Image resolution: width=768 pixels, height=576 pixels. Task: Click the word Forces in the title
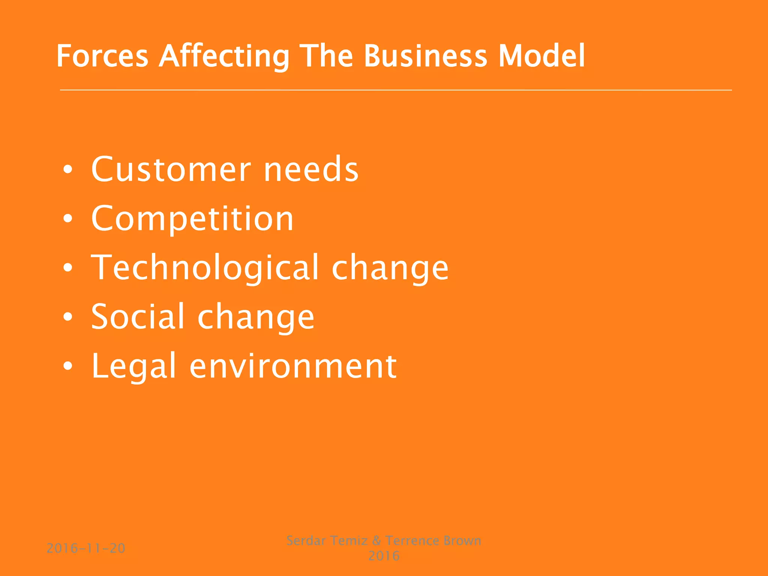coord(102,56)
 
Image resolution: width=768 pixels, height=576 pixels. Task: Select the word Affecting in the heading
coord(224,56)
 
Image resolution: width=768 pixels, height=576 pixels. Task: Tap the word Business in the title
coord(425,56)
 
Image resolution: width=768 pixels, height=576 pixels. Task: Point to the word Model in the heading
coord(541,56)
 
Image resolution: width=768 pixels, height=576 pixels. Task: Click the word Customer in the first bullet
coord(171,169)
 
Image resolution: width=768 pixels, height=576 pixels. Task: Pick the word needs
coord(311,169)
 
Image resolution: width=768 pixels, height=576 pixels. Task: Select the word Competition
coord(192,219)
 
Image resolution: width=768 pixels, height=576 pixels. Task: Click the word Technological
coord(205,268)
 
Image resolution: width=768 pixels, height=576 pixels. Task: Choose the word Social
coord(138,317)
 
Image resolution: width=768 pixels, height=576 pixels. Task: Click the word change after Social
coord(256,317)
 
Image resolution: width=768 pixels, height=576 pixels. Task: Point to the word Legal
coord(133,366)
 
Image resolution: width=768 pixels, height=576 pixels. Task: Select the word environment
coord(293,366)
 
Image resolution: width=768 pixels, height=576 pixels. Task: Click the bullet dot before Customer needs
coord(67,170)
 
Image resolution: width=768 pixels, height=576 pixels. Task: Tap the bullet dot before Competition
coord(67,219)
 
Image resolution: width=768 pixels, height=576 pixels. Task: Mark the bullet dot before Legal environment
coord(67,366)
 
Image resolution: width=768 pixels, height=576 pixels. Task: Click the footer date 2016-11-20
coord(86,549)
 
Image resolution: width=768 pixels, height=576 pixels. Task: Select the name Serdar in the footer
coord(306,541)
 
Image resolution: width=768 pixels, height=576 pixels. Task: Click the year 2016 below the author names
coord(384,556)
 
